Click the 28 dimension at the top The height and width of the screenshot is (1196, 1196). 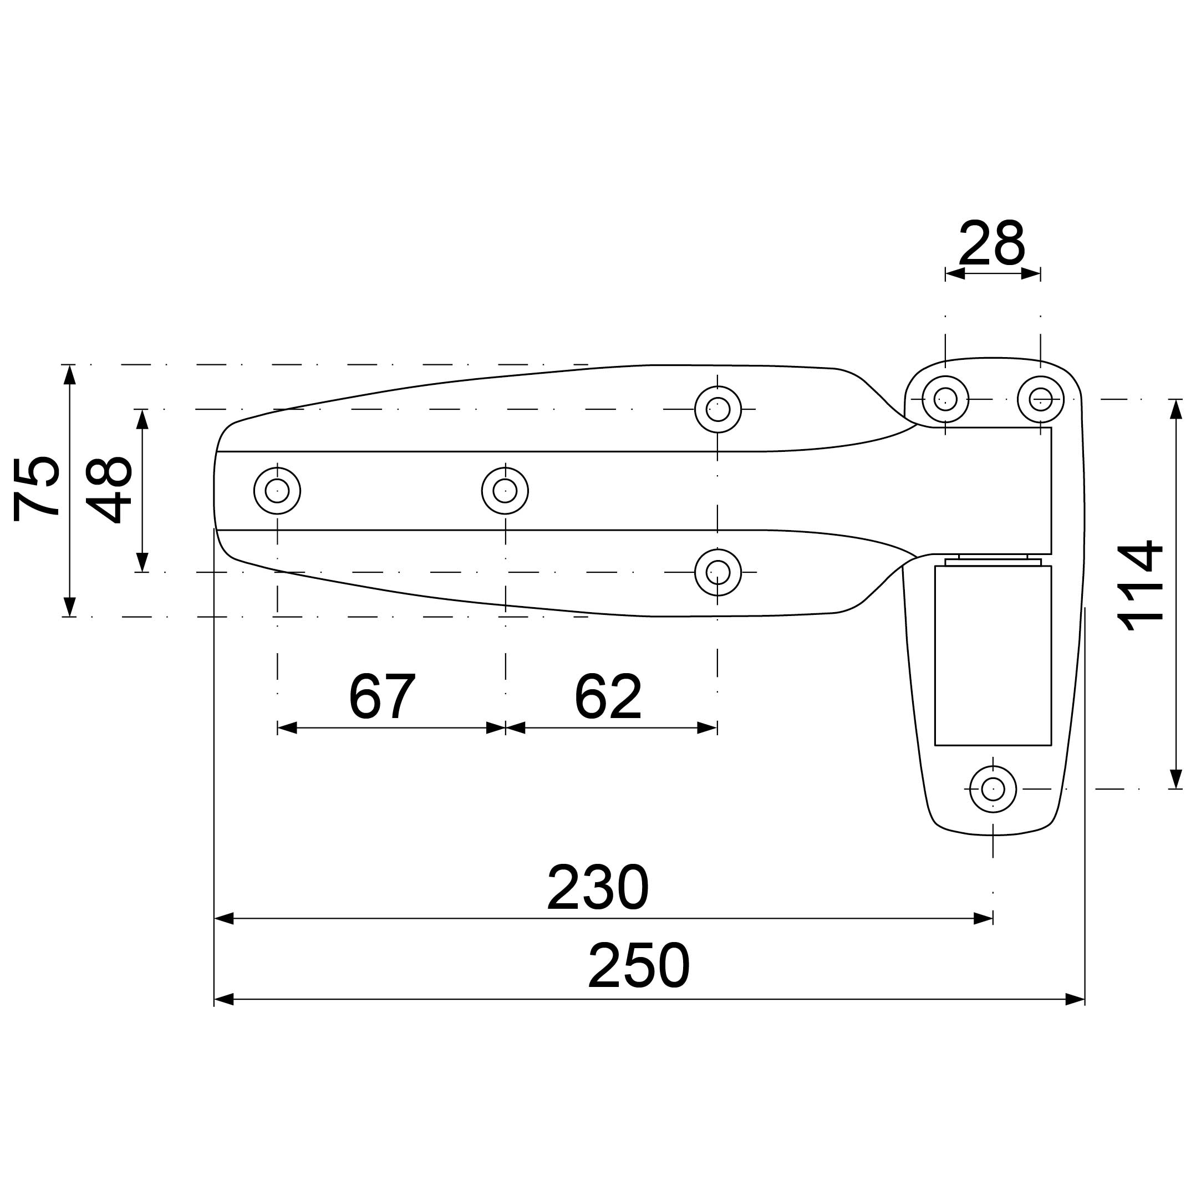click(992, 243)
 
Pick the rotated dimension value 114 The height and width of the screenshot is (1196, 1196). click(1141, 586)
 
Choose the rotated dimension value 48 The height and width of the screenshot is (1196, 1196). click(109, 490)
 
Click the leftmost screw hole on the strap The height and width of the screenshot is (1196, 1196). click(277, 491)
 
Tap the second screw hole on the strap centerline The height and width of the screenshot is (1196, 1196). click(505, 491)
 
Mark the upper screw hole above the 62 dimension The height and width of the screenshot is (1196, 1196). click(718, 409)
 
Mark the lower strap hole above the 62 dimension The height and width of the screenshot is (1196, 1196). click(718, 572)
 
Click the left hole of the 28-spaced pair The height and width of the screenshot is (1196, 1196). click(945, 399)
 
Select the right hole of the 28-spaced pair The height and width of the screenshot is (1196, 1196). click(1041, 399)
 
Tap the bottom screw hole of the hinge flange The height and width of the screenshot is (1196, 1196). click(993, 789)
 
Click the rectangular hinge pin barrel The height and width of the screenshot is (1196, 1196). click(993, 655)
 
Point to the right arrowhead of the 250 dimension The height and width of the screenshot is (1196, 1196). click(1075, 999)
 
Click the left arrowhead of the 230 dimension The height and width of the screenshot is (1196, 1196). click(224, 918)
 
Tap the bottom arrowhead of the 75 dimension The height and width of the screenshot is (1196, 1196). click(70, 607)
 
